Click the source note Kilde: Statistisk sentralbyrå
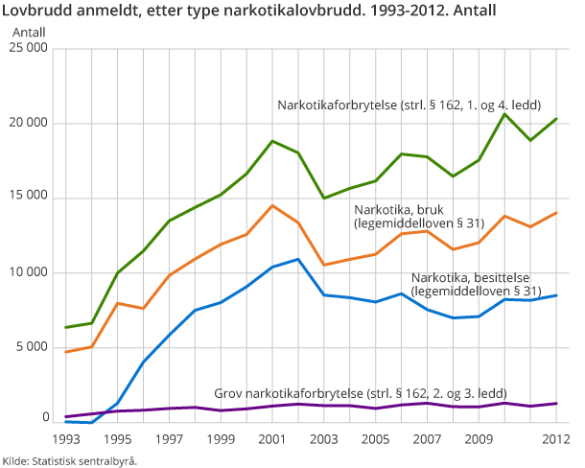click(x=69, y=460)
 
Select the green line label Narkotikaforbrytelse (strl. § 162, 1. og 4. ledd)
click(x=410, y=105)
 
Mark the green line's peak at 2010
click(x=504, y=114)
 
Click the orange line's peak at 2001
click(x=272, y=205)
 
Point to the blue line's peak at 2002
click(x=298, y=259)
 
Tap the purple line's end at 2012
click(x=556, y=404)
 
